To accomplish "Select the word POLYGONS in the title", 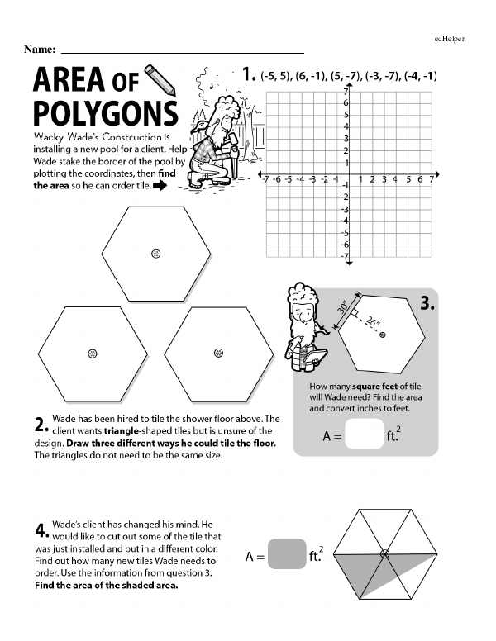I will (104, 114).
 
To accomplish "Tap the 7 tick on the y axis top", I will (343, 93).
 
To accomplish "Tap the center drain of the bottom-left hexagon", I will (93, 353).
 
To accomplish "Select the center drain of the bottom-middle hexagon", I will (217, 353).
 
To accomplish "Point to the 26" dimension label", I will (374, 323).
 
